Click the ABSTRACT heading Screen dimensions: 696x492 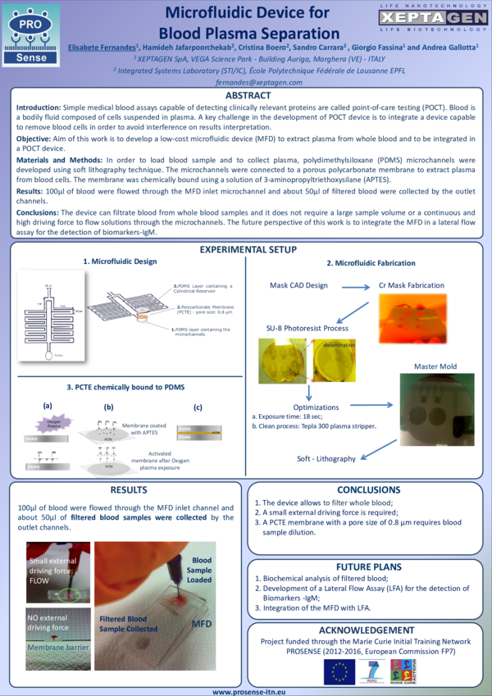tap(245, 96)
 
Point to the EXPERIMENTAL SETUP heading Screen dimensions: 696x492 tap(245, 249)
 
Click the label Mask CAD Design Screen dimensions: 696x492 tap(298, 285)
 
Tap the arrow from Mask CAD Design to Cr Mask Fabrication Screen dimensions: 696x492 tap(354, 287)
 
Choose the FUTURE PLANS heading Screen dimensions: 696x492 tap(369, 566)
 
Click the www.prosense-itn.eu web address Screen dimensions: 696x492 tap(245, 691)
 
